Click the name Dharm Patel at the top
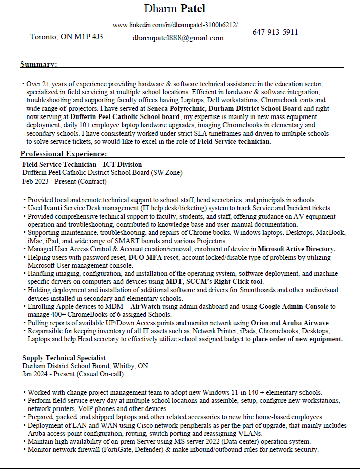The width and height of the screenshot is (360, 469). pos(174,9)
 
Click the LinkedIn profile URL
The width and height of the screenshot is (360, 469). pos(175,25)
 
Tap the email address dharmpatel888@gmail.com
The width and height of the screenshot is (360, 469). pos(178,38)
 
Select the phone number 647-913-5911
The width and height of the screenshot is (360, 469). pos(275,32)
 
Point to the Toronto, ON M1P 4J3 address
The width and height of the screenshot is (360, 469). pos(67,37)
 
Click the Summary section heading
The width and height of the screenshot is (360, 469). pos(38,64)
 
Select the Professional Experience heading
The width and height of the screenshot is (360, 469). pos(64,154)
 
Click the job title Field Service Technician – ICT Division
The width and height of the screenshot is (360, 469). pos(82,164)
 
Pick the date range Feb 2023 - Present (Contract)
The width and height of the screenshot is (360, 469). pos(65,181)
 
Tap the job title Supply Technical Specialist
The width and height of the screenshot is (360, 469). pos(64,358)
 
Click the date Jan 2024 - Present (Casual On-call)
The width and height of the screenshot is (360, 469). pos(73,374)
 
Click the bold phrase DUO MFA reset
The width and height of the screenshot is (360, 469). pos(153,257)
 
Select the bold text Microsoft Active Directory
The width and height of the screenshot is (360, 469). pos(296,249)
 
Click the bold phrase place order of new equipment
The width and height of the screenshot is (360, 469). pos(297,339)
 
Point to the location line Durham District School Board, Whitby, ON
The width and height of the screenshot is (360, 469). pos(85,366)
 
